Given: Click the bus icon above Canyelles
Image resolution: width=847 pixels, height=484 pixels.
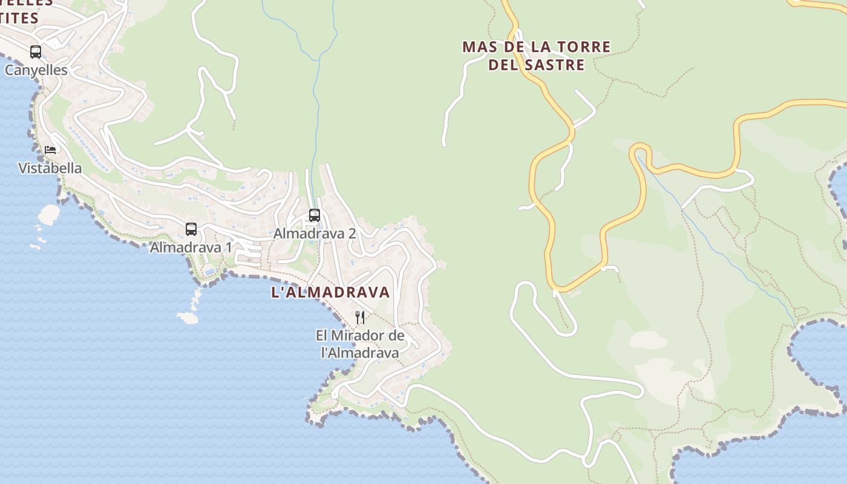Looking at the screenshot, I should point(36,52).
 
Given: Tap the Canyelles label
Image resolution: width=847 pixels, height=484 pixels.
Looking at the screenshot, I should point(36,70).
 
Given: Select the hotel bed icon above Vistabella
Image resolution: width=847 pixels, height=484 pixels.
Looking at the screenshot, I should point(50,149).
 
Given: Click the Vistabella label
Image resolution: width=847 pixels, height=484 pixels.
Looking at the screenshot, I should point(50,168).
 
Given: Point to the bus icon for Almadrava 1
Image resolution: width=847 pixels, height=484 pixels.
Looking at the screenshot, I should point(191,229).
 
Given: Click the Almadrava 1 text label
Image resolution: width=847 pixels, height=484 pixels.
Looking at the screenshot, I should point(191,247).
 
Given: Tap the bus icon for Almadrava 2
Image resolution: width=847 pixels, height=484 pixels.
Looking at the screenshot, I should point(314,215).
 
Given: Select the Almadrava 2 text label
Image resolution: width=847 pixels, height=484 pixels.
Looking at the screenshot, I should point(315,234).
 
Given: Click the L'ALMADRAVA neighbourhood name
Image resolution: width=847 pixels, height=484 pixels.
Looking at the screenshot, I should point(330,292).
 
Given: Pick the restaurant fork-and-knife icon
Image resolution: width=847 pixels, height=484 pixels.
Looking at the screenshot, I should point(360,317).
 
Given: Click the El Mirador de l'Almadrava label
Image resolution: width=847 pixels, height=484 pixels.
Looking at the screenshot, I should point(360,344).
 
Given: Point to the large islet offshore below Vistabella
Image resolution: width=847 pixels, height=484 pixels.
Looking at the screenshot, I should point(48,214).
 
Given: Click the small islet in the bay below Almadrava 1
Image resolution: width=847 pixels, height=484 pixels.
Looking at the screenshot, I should point(187,317).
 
